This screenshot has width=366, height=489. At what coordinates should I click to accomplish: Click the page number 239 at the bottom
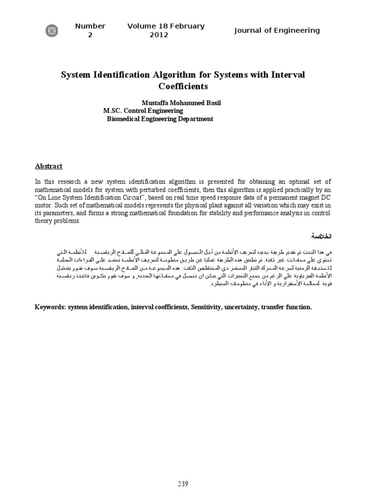pos(183,483)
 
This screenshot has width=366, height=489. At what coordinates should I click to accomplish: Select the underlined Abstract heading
pos(49,166)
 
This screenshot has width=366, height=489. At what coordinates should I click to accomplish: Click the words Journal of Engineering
pos(277,31)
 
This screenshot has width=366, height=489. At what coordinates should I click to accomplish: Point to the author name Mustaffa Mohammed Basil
pos(181,103)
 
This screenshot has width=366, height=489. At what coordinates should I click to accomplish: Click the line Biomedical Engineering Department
pos(159,119)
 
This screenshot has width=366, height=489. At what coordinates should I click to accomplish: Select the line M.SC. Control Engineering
pos(143,111)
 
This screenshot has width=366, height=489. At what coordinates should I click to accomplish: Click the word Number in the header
pos(90,26)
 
